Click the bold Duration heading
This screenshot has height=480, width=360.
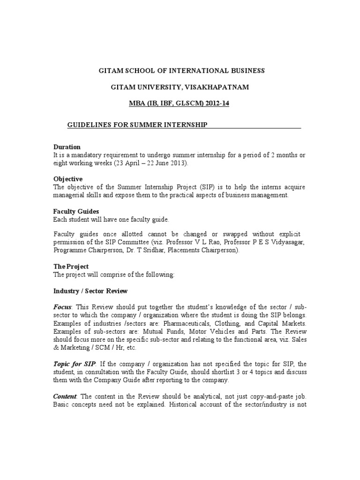(x=67, y=147)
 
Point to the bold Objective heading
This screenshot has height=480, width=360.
(x=68, y=179)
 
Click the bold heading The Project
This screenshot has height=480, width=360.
(x=71, y=266)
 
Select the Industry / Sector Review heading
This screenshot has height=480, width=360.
(x=90, y=291)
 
